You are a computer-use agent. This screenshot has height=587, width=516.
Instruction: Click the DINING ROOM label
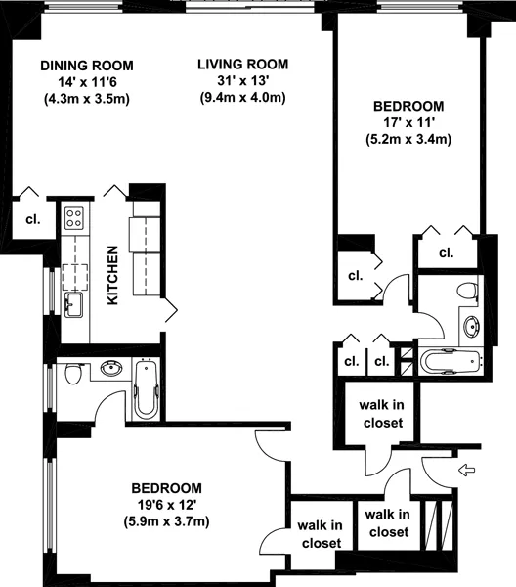click(87, 65)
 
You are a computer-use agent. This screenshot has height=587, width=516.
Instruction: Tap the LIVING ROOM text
click(243, 64)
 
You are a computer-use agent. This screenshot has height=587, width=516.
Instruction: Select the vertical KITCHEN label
click(113, 275)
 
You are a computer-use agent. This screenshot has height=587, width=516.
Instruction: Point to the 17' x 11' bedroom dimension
click(408, 122)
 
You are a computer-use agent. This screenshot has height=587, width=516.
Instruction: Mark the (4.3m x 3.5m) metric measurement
click(87, 98)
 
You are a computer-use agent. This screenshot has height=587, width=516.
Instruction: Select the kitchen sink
click(74, 305)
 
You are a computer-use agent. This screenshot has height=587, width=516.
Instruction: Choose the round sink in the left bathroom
click(110, 369)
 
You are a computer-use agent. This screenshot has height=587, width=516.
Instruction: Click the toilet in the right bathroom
click(467, 291)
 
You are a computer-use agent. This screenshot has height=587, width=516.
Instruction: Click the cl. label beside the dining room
click(32, 219)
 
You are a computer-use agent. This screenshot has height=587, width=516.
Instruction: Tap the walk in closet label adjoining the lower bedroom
click(320, 534)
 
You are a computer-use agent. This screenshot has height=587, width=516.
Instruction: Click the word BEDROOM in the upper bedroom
click(408, 106)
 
